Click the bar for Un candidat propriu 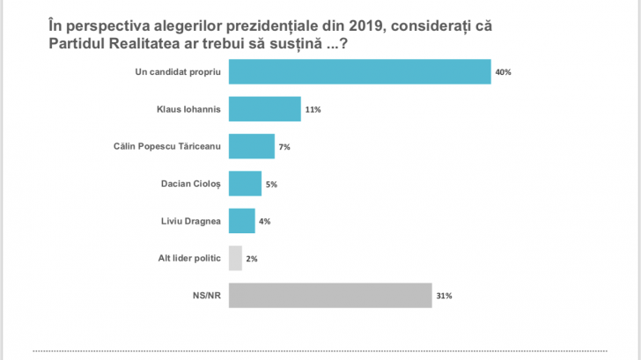(359, 71)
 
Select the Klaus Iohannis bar (264, 109)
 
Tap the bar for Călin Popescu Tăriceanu (252, 146)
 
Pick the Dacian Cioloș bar (245, 183)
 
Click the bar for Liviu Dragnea (241, 221)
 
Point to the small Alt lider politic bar (235, 258)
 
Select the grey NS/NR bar (329, 296)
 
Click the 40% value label (503, 71)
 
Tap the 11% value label (313, 109)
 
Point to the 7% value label (284, 146)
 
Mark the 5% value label (272, 184)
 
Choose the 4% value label (264, 221)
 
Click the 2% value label (252, 259)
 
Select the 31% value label (443, 296)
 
